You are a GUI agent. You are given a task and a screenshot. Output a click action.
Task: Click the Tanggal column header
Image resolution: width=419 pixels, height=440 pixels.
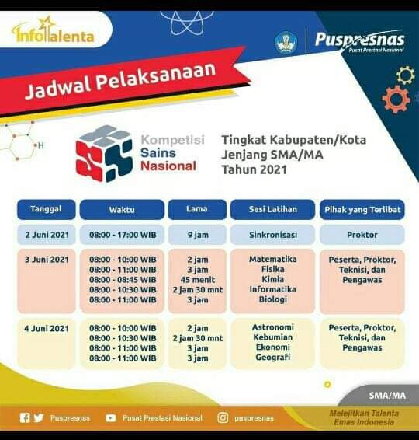tap(47, 209)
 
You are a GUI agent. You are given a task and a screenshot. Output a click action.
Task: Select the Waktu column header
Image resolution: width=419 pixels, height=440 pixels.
tap(122, 210)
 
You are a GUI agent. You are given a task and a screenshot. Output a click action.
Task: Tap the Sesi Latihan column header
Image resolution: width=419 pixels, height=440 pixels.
tap(273, 209)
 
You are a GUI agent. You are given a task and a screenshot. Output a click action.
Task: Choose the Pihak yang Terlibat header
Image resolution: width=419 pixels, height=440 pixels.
tap(362, 209)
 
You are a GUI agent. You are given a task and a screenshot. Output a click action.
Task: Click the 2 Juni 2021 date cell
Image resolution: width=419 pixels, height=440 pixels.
tap(47, 235)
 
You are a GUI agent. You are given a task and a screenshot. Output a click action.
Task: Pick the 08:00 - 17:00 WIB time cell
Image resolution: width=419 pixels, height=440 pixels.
tap(123, 235)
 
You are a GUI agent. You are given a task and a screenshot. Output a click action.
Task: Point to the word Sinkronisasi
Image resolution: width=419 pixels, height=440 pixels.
tap(273, 235)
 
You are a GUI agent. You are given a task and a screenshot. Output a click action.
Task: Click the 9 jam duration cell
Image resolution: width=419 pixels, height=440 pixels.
tap(197, 235)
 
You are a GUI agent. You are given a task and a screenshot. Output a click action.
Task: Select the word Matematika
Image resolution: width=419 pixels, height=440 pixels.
tap(273, 259)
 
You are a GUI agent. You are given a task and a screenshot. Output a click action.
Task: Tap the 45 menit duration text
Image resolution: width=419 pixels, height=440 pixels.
tap(198, 280)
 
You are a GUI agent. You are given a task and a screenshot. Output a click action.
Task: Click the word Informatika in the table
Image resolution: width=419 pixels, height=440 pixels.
tap(273, 289)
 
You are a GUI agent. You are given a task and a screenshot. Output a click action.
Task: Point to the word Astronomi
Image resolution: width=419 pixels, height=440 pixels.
tap(273, 327)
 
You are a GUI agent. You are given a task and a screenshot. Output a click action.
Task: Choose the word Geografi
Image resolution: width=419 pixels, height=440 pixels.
tap(273, 358)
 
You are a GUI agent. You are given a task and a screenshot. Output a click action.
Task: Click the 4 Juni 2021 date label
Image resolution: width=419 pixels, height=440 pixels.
tap(47, 328)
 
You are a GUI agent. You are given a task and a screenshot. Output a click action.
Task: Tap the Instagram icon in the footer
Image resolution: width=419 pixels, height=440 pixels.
tap(223, 417)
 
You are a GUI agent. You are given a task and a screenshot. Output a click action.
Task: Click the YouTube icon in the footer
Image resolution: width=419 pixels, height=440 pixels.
tap(110, 418)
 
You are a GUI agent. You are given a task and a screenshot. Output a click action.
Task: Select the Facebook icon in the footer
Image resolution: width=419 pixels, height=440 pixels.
tap(25, 417)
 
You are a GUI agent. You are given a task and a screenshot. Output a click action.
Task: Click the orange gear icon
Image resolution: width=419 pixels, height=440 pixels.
tap(396, 100)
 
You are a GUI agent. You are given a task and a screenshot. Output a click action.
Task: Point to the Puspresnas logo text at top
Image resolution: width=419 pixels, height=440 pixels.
tap(359, 40)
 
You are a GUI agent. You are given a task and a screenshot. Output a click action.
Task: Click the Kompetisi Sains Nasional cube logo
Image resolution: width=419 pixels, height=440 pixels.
tap(104, 153)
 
